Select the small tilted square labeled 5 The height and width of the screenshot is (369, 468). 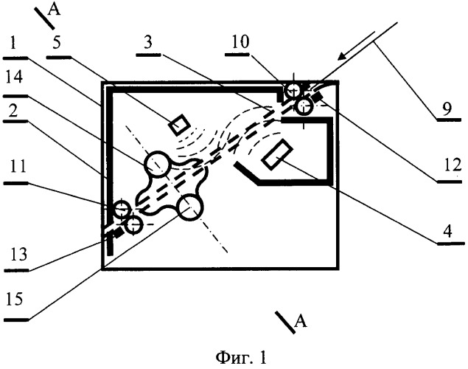coord(178,125)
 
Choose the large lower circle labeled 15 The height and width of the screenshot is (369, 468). coord(191,209)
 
